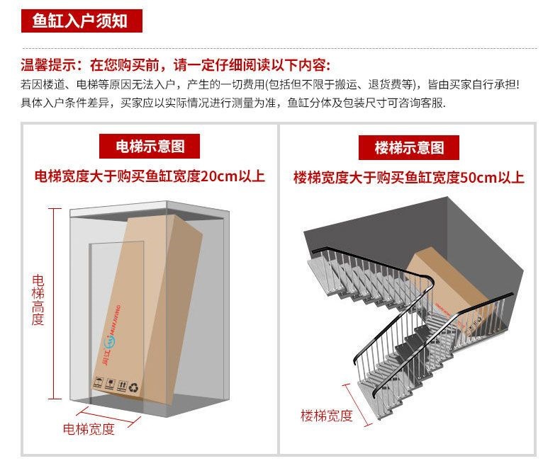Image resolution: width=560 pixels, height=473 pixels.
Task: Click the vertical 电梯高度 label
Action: coord(38,300)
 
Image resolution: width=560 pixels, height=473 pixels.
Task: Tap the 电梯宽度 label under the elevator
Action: coord(88,429)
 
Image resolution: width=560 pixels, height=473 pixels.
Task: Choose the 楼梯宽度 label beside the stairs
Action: coord(325,416)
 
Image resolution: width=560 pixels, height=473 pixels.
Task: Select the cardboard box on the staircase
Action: coord(447,290)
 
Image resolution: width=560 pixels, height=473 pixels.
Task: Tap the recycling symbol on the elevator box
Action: coord(133,387)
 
